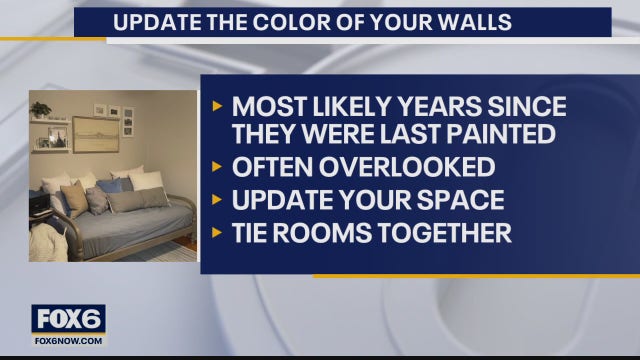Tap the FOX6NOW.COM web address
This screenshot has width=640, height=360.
tap(68, 340)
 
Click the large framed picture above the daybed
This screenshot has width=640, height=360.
tap(95, 134)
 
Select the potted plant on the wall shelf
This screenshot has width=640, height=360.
tap(40, 109)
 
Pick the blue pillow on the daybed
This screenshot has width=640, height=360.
tap(111, 186)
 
